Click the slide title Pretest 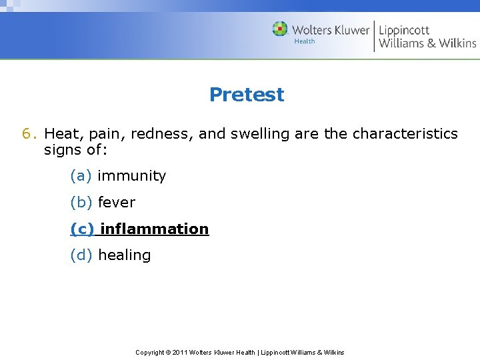click(x=246, y=95)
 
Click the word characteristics click(x=405, y=134)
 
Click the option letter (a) click(x=81, y=176)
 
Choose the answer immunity click(x=131, y=176)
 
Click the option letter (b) click(x=81, y=203)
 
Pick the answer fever click(x=116, y=203)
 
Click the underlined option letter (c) click(x=82, y=229)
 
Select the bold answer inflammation click(x=154, y=229)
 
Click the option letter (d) click(x=81, y=255)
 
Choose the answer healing click(x=124, y=255)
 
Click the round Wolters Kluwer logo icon click(x=280, y=29)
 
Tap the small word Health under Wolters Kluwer click(x=305, y=41)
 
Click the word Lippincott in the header click(x=404, y=30)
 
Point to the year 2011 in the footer click(x=180, y=352)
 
